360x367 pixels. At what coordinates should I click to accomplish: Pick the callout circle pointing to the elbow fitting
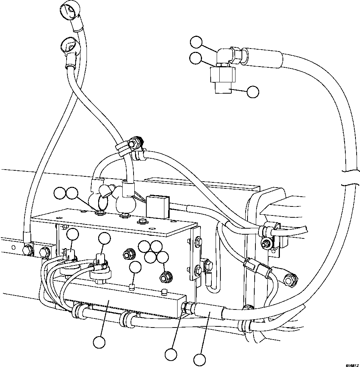(196, 42)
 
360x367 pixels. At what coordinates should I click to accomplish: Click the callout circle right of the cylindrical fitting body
(253, 91)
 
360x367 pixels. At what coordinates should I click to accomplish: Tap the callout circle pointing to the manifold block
(99, 342)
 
